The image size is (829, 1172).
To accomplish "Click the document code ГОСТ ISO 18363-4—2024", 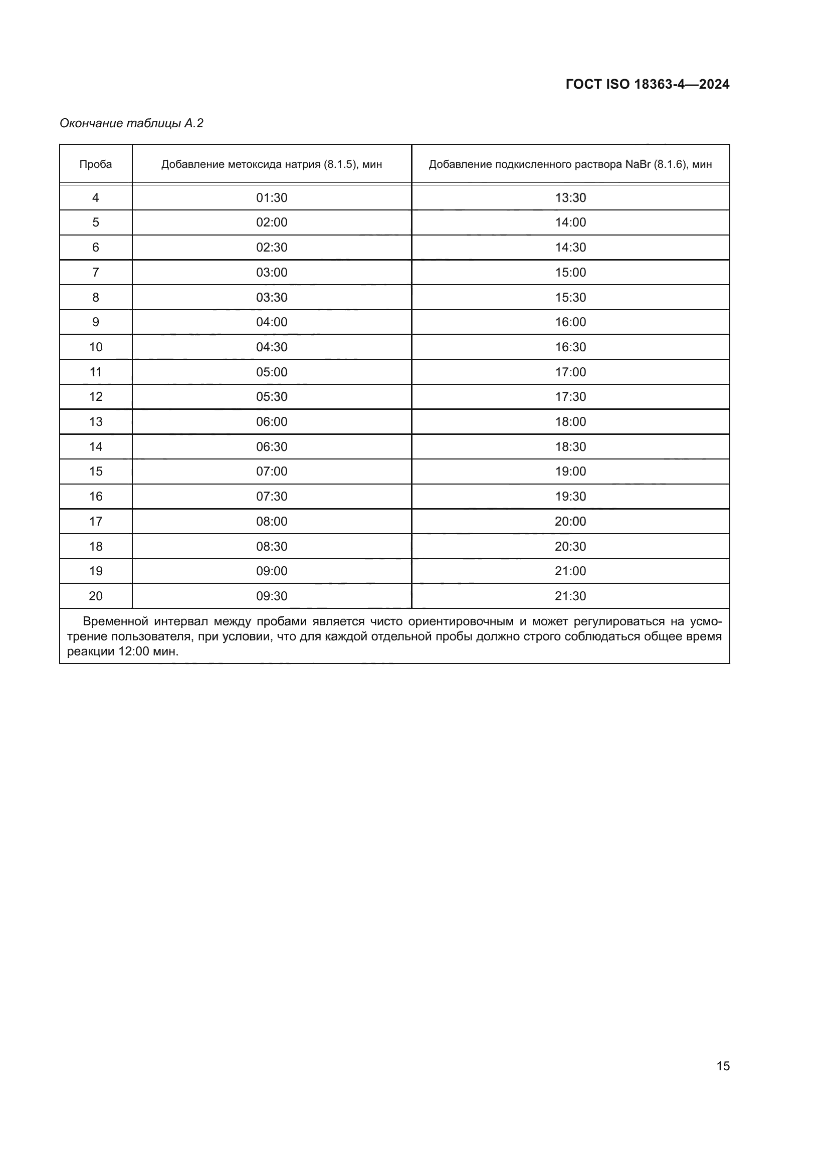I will (647, 84).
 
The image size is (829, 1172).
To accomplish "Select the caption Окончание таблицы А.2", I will (131, 123).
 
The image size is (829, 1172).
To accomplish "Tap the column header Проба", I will (95, 164).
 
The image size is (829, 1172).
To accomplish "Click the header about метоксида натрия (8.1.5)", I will (272, 164).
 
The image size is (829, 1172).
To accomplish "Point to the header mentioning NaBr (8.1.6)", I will (570, 164).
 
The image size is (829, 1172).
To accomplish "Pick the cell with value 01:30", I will (272, 197).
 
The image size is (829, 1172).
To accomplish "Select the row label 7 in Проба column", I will (95, 273).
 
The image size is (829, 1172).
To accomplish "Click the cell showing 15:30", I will (570, 298).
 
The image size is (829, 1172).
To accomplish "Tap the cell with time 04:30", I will (272, 347).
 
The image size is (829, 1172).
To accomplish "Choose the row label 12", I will (95, 397).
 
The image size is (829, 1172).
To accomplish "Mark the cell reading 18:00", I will (570, 421).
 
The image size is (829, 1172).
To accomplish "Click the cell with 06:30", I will (272, 446).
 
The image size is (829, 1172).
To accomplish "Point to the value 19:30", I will (570, 496).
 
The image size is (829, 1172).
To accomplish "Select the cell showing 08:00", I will (272, 521).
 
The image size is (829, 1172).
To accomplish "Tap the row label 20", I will (95, 596).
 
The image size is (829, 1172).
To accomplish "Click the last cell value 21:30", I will (570, 596).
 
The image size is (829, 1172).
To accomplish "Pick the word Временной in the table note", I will (115, 622).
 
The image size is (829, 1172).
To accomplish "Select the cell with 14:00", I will (570, 222).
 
